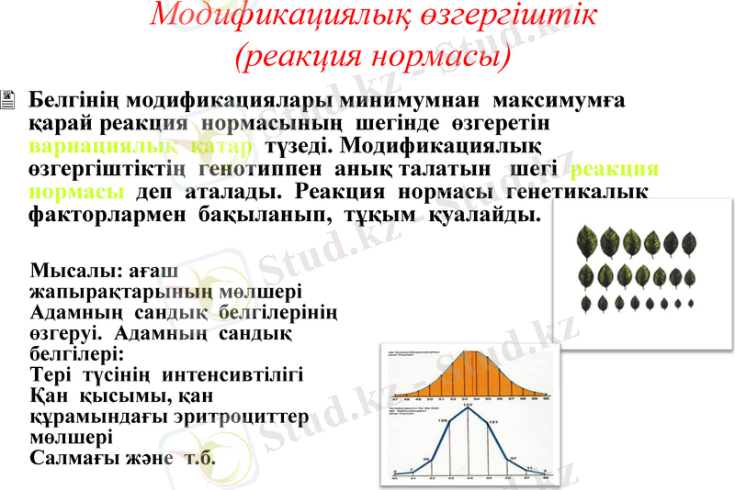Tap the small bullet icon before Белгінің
pos(9,98)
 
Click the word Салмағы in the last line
pos(73,457)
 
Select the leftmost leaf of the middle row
pos(585,274)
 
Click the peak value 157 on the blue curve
pos(468,405)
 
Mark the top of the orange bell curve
pos(469,351)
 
